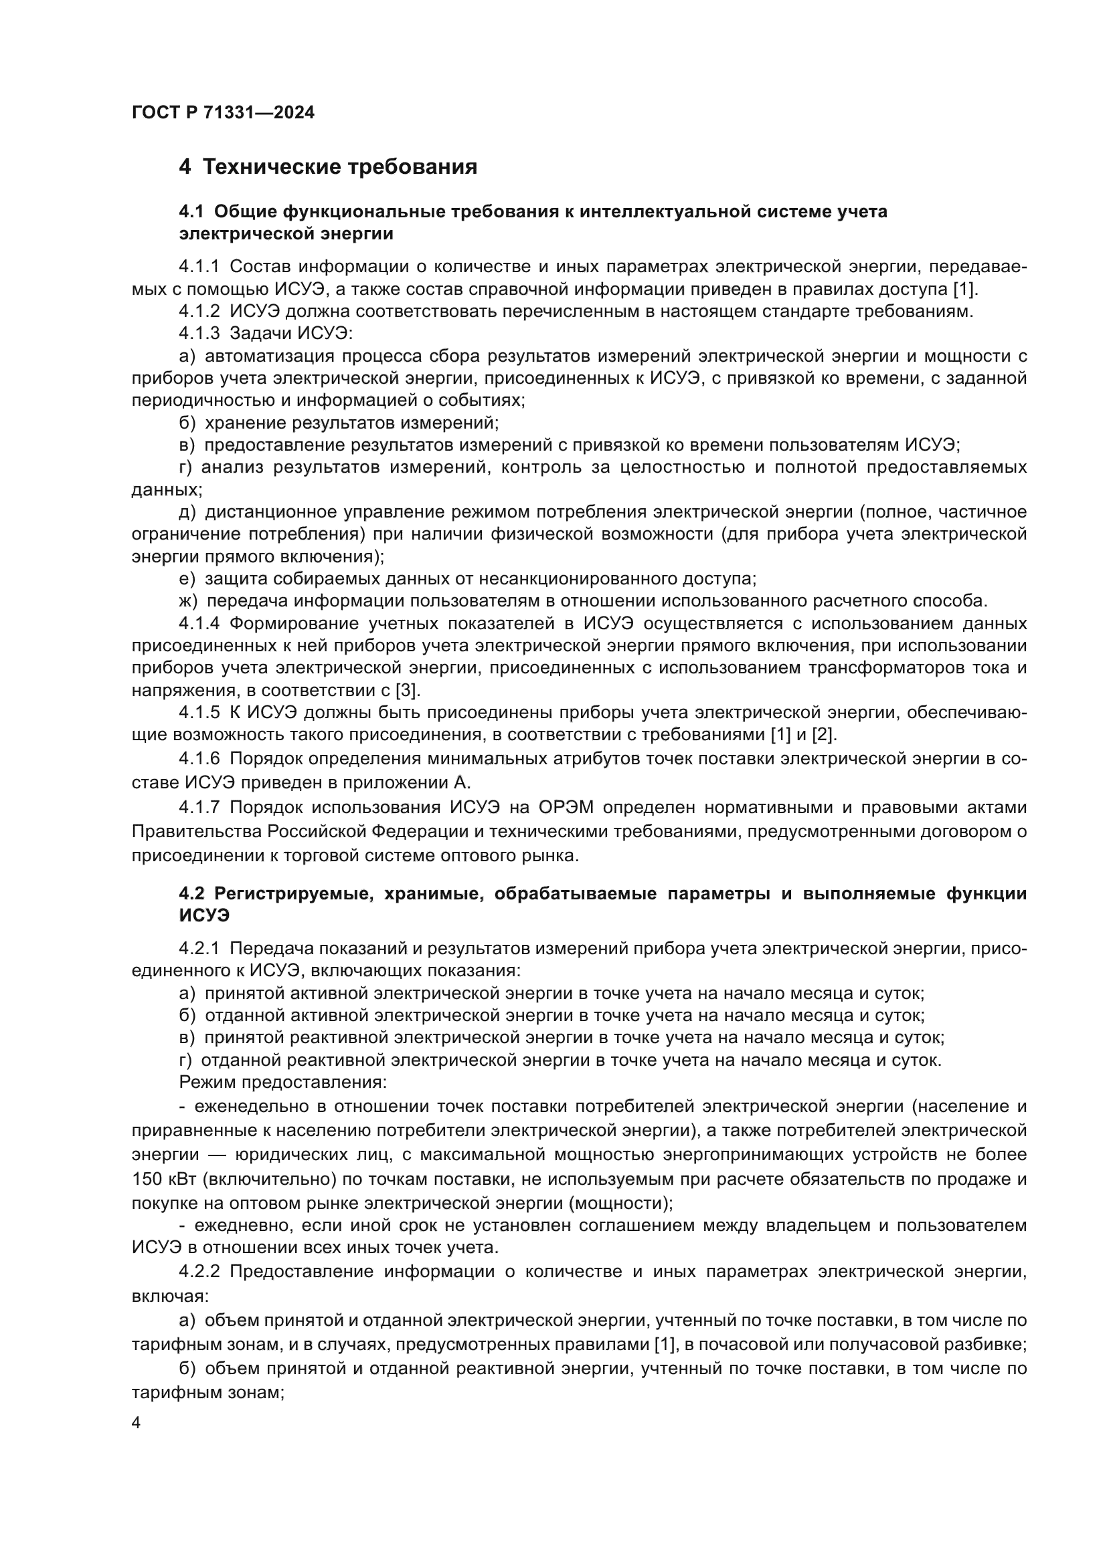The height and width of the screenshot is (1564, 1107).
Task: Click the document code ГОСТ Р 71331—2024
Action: (223, 113)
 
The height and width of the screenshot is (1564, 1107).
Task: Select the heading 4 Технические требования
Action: (328, 167)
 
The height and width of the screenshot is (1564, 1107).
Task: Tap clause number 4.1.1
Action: (199, 267)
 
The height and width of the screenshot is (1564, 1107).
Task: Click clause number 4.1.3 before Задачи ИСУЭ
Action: (199, 334)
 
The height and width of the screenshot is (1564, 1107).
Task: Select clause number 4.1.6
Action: (199, 758)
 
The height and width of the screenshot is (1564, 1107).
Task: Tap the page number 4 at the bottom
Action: (137, 1424)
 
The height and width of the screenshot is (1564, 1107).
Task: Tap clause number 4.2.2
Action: (199, 1272)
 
